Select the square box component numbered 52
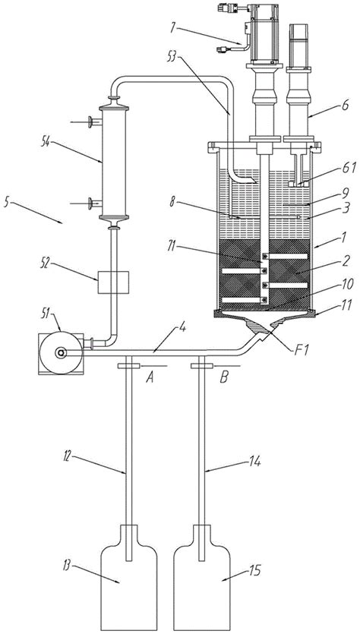[113, 282]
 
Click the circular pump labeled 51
[61, 353]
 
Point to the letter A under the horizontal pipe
[150, 377]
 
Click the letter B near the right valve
[224, 377]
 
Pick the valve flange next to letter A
[128, 366]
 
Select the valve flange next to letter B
[201, 366]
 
